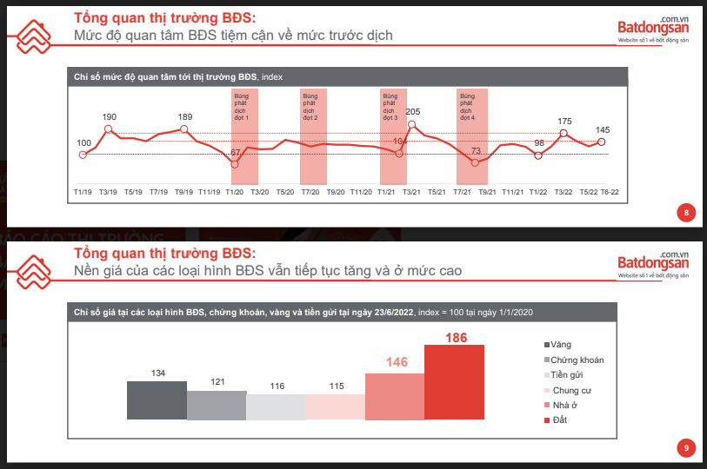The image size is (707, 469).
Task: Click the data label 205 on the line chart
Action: click(413, 111)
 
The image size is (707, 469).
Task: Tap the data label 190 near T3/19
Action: click(109, 116)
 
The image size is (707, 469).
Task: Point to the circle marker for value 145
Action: click(602, 142)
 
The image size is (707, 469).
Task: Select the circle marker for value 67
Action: click(235, 162)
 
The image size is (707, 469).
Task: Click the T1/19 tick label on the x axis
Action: click(83, 191)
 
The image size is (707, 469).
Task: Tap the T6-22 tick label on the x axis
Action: click(610, 191)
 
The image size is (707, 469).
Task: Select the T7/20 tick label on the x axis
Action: click(310, 191)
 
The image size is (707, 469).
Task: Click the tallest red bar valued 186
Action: click(454, 382)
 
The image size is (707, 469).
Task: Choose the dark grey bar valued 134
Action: click(157, 400)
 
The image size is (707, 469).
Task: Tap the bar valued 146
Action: click(395, 397)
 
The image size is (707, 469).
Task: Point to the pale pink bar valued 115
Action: click(336, 406)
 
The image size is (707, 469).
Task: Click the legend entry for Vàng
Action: click(566, 345)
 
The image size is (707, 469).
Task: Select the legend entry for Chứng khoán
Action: click(575, 360)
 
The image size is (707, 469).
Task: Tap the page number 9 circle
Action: click(686, 447)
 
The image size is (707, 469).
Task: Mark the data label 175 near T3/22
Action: click(564, 122)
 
